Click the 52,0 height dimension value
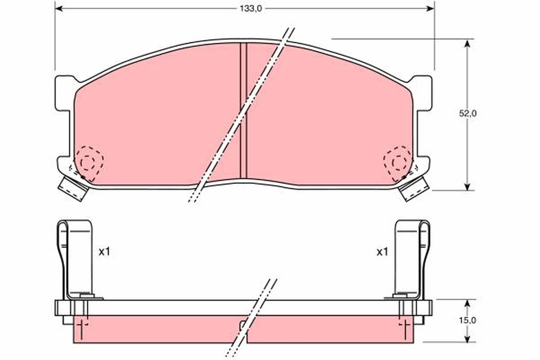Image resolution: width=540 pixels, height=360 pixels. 468,114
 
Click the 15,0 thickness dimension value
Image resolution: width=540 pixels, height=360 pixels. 468,320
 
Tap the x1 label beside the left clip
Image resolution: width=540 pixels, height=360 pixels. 104,252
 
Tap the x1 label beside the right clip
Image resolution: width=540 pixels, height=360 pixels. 382,252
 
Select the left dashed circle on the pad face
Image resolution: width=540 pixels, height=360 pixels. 89,162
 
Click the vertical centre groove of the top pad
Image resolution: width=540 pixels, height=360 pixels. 243,110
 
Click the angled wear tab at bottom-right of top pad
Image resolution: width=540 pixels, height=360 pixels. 413,188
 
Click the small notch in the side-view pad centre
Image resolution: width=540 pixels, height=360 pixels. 243,324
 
